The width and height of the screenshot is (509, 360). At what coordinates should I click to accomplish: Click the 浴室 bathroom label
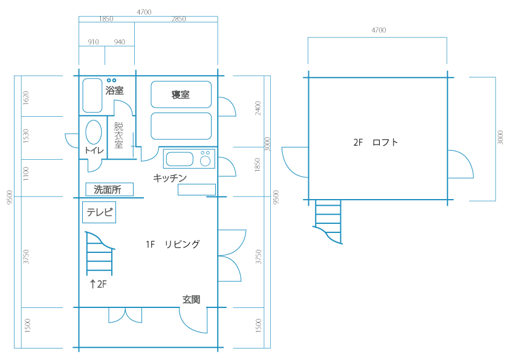pos(115,90)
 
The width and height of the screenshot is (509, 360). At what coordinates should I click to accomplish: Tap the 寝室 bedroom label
pos(181,94)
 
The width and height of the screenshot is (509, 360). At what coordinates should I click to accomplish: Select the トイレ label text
pos(94,150)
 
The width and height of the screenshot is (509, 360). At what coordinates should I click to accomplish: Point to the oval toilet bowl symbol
pos(94,132)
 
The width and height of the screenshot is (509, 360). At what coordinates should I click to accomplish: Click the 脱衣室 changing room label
pos(119,135)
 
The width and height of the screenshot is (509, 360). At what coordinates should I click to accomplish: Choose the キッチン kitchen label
pos(170,178)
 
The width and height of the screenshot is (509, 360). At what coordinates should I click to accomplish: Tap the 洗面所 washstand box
pos(109,189)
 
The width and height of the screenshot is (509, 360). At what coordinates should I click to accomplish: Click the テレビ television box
pos(99,212)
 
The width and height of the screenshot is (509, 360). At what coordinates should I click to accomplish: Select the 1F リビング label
pos(173,244)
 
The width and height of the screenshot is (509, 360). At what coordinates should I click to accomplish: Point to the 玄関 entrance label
pos(191,299)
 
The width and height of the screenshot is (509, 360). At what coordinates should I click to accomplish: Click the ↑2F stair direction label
pos(98,284)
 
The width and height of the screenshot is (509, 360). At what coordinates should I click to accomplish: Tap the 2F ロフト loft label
pos(375,142)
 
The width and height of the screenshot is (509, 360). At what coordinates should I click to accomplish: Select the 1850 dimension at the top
pos(106,19)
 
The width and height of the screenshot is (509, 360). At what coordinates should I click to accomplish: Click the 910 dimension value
pos(93,42)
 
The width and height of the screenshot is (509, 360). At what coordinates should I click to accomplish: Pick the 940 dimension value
pos(120,42)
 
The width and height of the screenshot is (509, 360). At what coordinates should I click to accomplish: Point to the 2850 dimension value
pos(178,19)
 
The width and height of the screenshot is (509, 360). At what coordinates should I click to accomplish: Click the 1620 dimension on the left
pos(26,98)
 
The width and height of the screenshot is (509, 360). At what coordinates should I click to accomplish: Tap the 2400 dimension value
pos(258,108)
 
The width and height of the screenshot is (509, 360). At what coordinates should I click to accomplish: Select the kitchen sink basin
pos(180,159)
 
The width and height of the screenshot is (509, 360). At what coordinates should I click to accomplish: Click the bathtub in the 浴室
pos(92,95)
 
